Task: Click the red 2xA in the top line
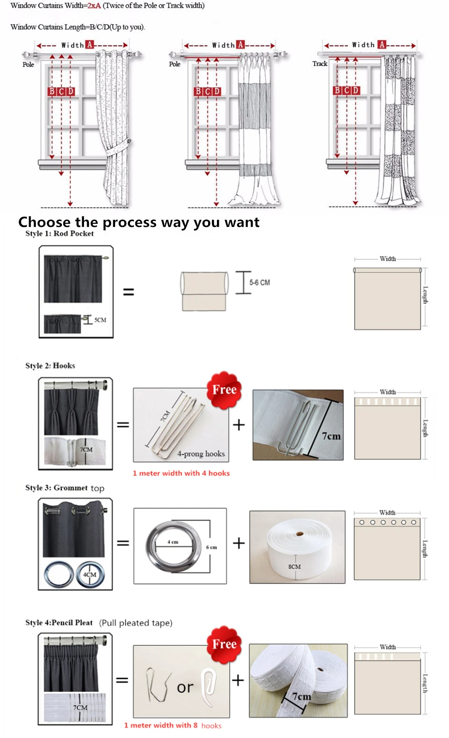tap(94, 6)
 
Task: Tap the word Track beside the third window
tap(320, 64)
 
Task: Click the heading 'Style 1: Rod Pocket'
tap(59, 233)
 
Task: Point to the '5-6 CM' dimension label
tap(260, 282)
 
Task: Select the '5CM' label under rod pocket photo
tap(100, 320)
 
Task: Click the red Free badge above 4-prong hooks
tap(224, 390)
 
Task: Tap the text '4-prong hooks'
tap(201, 454)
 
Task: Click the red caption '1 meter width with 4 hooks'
tap(181, 473)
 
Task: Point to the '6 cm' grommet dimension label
tap(211, 547)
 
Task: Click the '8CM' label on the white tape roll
tap(294, 567)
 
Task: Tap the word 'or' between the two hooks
tap(185, 688)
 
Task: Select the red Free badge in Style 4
tap(224, 644)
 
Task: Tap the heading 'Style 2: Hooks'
tap(50, 365)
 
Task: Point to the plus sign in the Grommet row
tap(238, 543)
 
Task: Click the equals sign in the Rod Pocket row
tap(128, 292)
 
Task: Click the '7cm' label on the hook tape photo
tap(331, 436)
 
